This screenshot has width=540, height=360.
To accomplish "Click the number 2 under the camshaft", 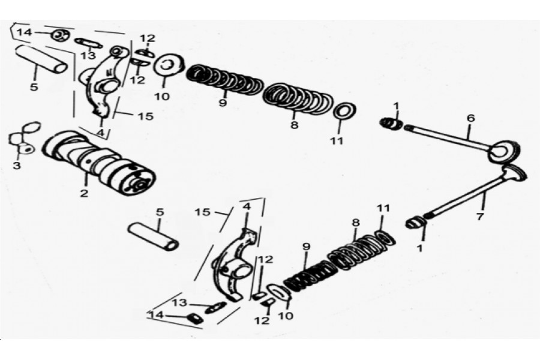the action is [x=85, y=193].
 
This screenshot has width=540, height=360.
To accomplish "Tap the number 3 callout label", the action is [x=17, y=166].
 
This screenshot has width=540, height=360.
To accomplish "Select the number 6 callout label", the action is [x=471, y=118].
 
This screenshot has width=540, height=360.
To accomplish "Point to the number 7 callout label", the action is [x=480, y=217].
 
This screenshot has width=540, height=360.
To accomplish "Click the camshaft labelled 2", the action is [x=99, y=163].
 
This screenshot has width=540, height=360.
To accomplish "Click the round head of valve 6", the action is [x=504, y=151].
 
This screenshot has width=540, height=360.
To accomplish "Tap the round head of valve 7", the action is [x=514, y=172].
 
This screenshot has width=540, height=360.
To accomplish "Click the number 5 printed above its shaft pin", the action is [x=160, y=212].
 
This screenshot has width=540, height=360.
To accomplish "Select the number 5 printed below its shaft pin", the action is [x=34, y=87].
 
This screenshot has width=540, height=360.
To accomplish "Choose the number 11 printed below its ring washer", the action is [x=337, y=140].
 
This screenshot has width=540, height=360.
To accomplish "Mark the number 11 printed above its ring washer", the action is [x=383, y=208].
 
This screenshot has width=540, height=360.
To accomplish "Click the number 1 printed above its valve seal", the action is [x=397, y=106].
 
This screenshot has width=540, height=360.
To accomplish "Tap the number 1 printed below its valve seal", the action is [x=419, y=248].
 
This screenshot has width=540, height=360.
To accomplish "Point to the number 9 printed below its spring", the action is [x=223, y=103].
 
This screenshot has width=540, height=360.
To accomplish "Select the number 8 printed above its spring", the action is [x=356, y=223].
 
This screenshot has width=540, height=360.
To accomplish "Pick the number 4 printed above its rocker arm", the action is [x=247, y=206].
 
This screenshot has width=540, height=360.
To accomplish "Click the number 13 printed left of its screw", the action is [x=179, y=303].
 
